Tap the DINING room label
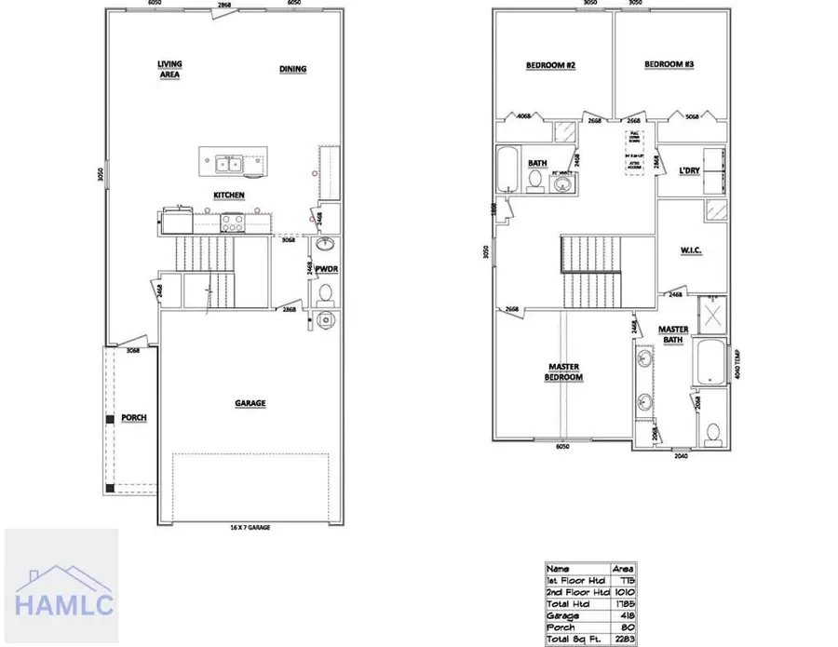293,69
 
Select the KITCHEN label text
229,195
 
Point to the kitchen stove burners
233,222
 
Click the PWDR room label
326,269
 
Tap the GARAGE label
250,403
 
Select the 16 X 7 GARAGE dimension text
250,527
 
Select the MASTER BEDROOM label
564,372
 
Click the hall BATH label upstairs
537,163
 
